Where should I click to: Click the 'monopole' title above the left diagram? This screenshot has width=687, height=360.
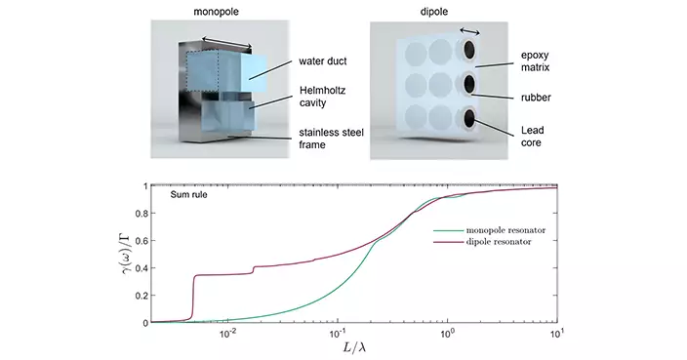(216, 12)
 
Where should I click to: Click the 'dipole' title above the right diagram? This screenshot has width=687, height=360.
(433, 12)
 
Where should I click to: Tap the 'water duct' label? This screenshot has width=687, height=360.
(322, 60)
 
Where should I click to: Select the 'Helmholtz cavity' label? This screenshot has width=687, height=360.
(322, 97)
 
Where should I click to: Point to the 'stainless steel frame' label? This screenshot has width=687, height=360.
(331, 139)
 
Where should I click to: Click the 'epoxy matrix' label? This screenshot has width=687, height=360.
(535, 61)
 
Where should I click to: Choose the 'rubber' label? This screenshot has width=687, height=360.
(536, 98)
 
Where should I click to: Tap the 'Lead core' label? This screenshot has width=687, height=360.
(533, 137)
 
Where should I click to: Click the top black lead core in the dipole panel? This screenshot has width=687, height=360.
(468, 50)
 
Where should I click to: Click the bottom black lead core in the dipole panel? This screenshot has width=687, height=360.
(469, 118)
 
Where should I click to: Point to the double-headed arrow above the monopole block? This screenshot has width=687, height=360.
(226, 42)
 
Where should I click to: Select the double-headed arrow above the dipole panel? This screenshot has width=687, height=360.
(469, 31)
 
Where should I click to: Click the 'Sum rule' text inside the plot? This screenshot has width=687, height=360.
(189, 194)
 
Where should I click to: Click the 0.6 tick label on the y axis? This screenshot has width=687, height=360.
(141, 241)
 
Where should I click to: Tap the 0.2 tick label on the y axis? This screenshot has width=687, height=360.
(141, 296)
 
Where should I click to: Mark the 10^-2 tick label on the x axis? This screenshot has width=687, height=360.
(227, 334)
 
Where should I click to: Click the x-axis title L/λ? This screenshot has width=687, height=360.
(354, 347)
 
